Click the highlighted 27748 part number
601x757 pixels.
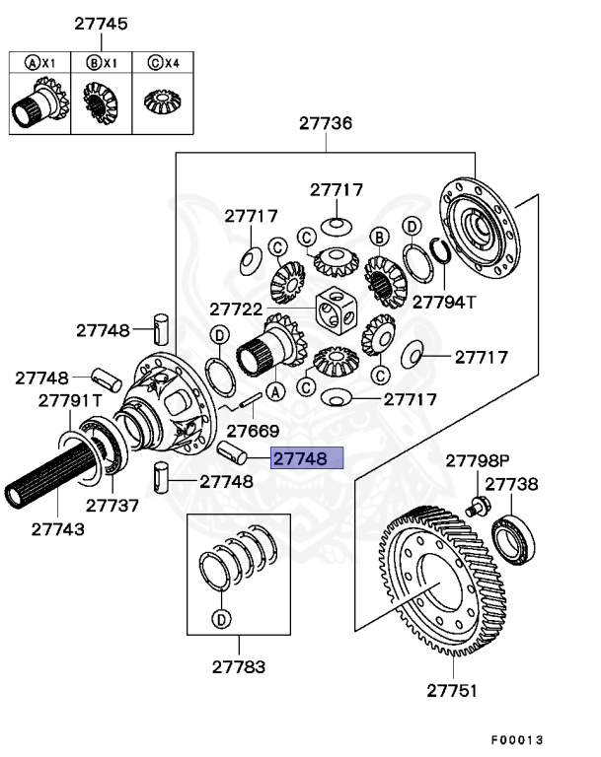[x=307, y=458]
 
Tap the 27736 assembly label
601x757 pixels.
[x=327, y=124]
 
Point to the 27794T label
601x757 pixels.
[x=444, y=302]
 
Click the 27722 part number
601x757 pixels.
[x=235, y=309]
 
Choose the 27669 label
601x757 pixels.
[x=253, y=431]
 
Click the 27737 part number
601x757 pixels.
[x=112, y=506]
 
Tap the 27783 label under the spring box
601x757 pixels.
[x=238, y=666]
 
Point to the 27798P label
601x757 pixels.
[x=478, y=460]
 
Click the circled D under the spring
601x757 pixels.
[x=221, y=620]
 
